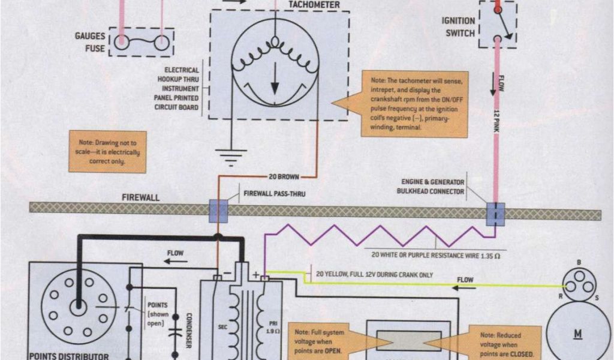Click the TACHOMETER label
pyautogui.click(x=314, y=5)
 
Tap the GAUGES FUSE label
pyautogui.click(x=90, y=41)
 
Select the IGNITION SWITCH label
pyautogui.click(x=458, y=27)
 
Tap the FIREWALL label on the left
pyautogui.click(x=141, y=197)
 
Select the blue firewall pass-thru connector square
pyautogui.click(x=218, y=211)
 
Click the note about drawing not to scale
pyautogui.click(x=108, y=152)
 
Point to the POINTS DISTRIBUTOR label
pyautogui.click(x=69, y=355)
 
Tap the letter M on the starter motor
pyautogui.click(x=579, y=334)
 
